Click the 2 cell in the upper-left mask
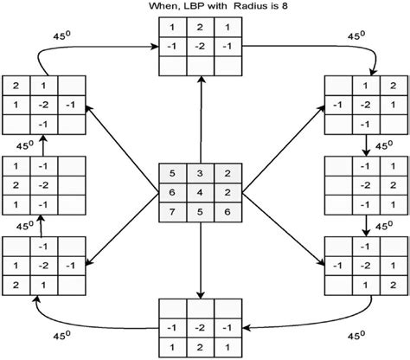coord(16,86)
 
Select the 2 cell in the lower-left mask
coord(16,282)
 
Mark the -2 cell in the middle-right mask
coord(366,185)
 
